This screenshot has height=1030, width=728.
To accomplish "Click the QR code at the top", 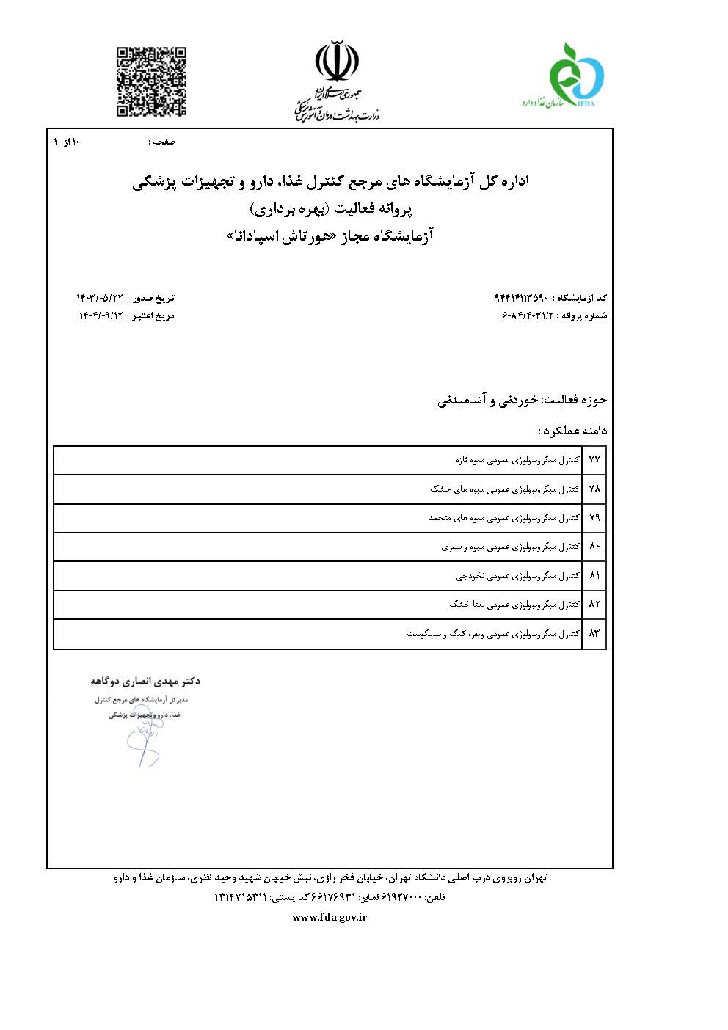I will click(152, 81).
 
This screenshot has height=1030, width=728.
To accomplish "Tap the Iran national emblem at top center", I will click(338, 62).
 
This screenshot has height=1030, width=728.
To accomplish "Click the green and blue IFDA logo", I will click(578, 76).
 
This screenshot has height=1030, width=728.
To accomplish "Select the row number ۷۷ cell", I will click(594, 460).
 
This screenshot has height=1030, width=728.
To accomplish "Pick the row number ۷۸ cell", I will click(594, 489).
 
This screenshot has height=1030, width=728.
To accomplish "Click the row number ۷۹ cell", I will click(594, 518).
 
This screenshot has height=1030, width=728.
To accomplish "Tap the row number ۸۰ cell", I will click(594, 547).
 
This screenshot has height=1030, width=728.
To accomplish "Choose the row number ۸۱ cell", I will click(594, 576).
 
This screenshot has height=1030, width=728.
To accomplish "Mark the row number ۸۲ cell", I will click(594, 605).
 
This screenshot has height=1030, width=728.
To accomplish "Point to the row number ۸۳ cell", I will click(594, 633).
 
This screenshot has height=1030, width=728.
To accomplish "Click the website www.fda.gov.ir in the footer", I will click(330, 917).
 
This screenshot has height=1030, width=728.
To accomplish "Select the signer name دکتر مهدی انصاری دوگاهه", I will click(146, 681).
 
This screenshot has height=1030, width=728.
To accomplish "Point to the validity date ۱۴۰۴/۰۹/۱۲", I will click(102, 315).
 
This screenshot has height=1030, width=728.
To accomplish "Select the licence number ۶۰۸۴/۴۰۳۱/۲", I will click(528, 315).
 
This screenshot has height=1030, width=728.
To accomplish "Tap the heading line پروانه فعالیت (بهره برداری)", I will click(332, 209).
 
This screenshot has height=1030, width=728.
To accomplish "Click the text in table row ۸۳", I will click(493, 633).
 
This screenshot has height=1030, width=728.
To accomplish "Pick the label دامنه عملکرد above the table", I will click(573, 430).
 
